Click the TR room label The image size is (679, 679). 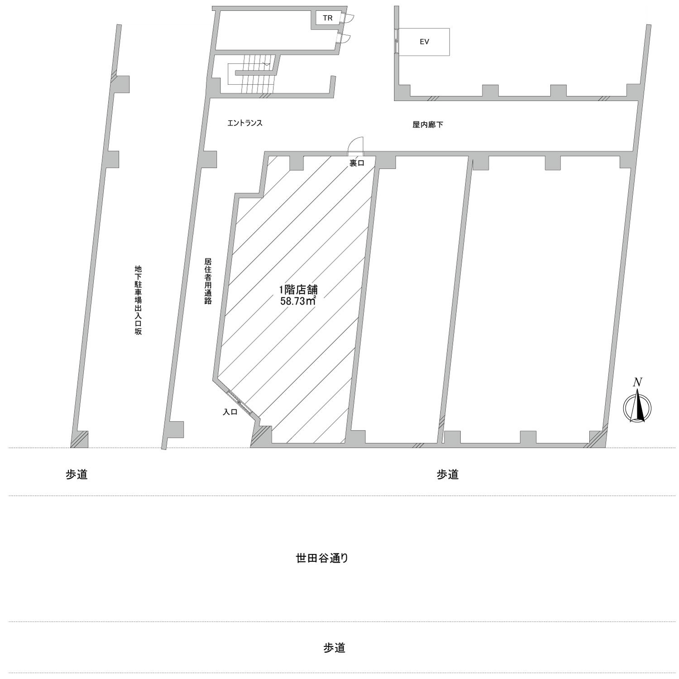tap(327, 19)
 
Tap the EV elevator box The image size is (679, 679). tap(424, 42)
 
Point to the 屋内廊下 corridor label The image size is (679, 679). tap(428, 124)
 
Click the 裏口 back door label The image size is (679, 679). tap(357, 163)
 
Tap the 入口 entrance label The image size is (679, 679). tap(230, 412)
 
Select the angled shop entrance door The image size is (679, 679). tap(239, 402)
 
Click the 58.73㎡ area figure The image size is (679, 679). tap(297, 301)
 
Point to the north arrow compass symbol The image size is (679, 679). tap(637, 406)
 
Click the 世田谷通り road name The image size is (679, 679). tap(322, 558)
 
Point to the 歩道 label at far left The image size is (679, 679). tap(77, 474)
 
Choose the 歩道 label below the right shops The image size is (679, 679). tap(448, 474)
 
